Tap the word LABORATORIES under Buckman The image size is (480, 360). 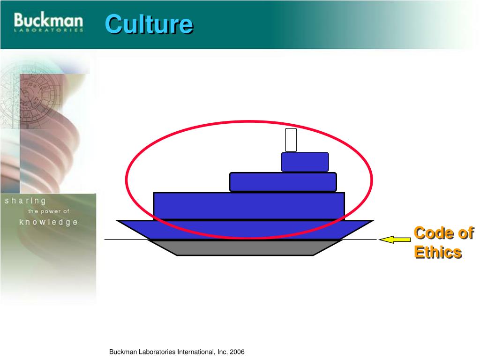tap(48, 30)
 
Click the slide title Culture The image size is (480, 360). tap(149, 24)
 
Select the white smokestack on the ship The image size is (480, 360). tap(291, 140)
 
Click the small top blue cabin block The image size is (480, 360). tap(305, 162)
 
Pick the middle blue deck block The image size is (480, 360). tap(283, 182)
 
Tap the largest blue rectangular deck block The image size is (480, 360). tap(249, 206)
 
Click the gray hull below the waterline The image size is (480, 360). tap(245, 247)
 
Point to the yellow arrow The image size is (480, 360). tap(395, 240)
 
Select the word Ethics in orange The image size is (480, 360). tap(438, 252)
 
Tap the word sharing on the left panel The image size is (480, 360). tap(25, 201)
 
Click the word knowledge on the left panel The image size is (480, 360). tap(48, 222)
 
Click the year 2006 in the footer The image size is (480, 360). tap(237, 352)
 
